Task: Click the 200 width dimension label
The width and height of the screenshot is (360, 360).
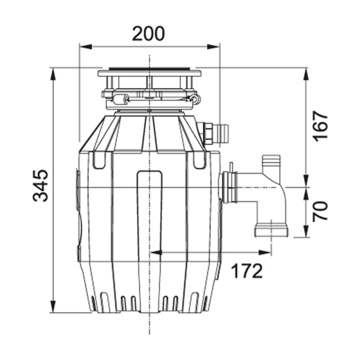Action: point(148,33)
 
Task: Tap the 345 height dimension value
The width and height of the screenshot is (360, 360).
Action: point(41,186)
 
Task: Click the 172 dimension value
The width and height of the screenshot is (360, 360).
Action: point(247,271)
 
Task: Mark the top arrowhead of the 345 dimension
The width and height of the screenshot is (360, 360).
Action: point(54,72)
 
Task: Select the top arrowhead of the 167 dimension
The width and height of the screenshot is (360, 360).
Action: point(306,72)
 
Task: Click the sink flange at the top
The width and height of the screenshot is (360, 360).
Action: point(149,72)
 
